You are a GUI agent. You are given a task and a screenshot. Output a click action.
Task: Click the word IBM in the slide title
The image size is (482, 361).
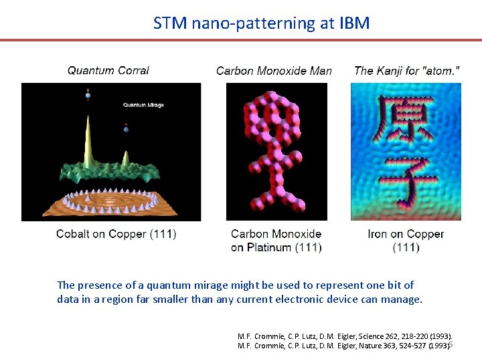[x=353, y=23]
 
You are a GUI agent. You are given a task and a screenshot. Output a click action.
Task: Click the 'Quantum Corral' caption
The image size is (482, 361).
[x=108, y=70]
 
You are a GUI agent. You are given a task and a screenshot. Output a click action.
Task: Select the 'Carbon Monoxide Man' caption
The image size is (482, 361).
[x=274, y=71]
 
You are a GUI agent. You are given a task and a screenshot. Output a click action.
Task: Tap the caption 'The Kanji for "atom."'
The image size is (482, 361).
[x=406, y=70]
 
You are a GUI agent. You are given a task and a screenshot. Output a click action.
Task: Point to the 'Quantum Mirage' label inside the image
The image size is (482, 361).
[x=143, y=105]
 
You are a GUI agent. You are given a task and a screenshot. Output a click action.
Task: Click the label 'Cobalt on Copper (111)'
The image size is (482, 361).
[x=116, y=234]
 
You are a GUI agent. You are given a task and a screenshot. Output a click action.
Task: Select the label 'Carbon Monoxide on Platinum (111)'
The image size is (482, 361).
[x=276, y=241]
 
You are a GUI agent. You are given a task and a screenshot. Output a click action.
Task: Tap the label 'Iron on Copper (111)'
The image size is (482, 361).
[x=406, y=241]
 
